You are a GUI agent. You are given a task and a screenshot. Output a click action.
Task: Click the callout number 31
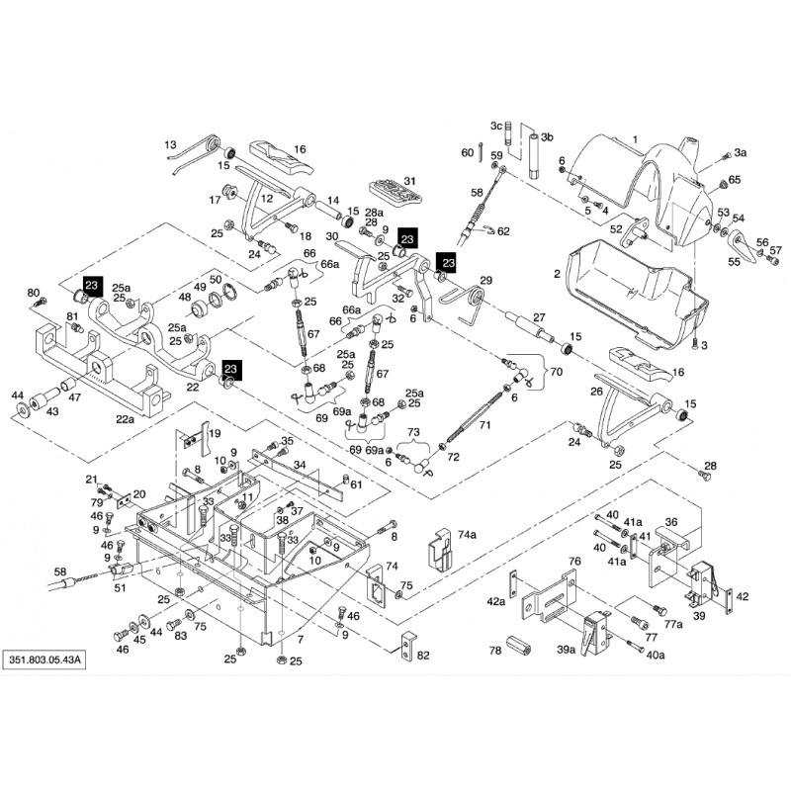[409, 180]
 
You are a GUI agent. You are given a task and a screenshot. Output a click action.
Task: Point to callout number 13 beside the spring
[169, 144]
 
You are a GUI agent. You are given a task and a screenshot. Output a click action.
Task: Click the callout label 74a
[467, 533]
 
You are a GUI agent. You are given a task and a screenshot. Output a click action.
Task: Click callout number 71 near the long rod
[484, 424]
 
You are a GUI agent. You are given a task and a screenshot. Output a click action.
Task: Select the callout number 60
[468, 152]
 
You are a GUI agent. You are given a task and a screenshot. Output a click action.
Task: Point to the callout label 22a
[125, 418]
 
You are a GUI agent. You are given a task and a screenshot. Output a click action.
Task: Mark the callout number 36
[670, 522]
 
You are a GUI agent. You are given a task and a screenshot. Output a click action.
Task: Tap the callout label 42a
[495, 600]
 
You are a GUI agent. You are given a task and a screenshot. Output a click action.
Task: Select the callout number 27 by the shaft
[539, 316]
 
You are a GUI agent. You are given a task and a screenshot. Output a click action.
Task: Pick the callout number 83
[180, 636]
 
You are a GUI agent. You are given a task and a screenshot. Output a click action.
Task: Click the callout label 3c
[496, 126]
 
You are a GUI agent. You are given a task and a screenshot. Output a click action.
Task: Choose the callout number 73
[413, 433]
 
